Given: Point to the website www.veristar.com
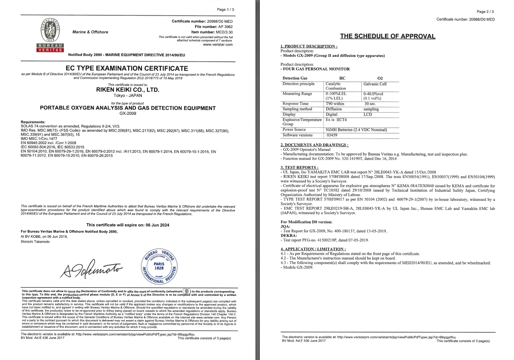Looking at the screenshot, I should pos(217,45).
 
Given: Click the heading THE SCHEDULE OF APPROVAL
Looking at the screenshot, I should pos(388,36).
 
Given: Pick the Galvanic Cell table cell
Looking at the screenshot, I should pos(375,84).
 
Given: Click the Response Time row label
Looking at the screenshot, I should pos(295,104).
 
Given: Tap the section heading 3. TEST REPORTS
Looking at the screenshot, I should pos(299,167).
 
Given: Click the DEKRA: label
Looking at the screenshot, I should pos(288,236).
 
